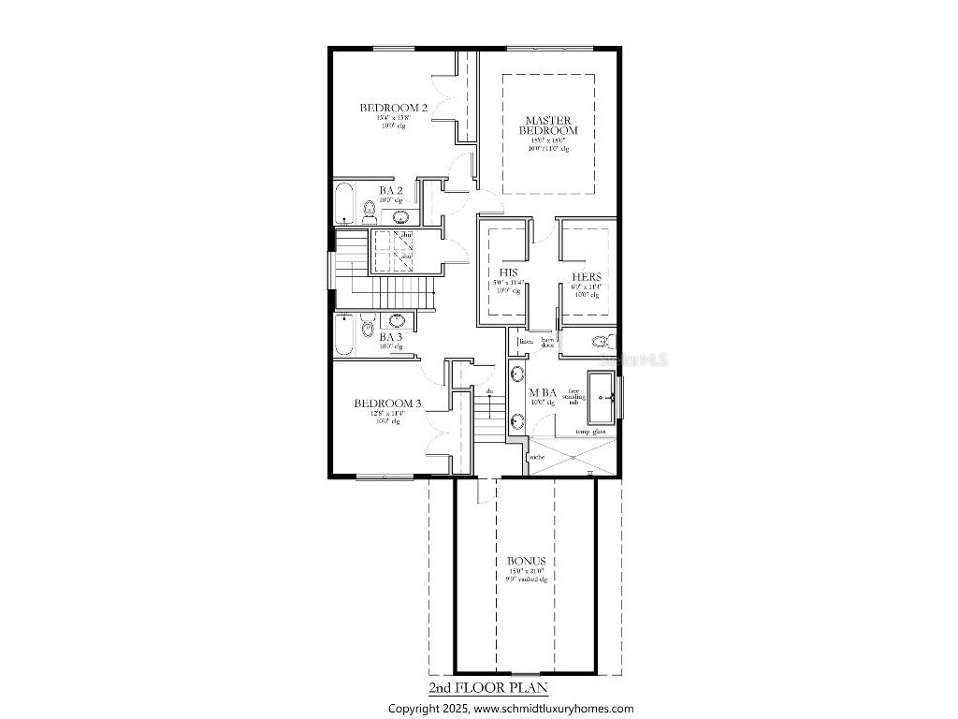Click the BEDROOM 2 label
(x=393, y=109)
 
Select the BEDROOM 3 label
(x=387, y=404)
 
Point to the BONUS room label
(x=527, y=562)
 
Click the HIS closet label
(x=508, y=273)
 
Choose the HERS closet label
(x=587, y=277)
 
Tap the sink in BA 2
(x=400, y=217)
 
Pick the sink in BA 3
(x=397, y=320)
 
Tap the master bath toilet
(x=603, y=342)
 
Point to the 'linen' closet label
(x=526, y=342)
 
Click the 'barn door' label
(x=547, y=344)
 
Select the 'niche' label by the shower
(x=537, y=457)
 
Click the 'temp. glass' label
(x=590, y=432)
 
